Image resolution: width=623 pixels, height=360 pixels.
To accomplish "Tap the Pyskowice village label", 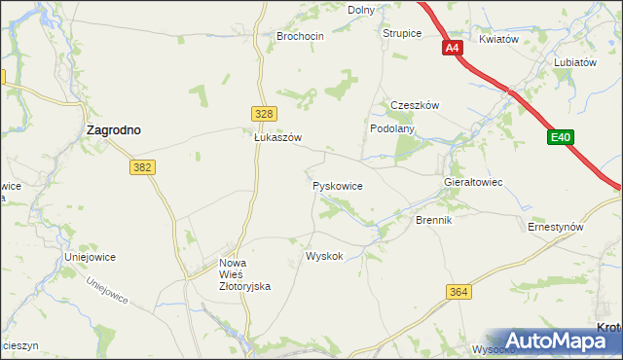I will tap(338, 184).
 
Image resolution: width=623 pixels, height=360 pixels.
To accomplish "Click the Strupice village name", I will tap(401, 33).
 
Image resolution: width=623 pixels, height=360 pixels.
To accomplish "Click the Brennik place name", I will tap(434, 221).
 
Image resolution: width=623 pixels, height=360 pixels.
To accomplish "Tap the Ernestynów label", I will tap(555, 227).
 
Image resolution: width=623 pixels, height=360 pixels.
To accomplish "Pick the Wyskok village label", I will tap(324, 256).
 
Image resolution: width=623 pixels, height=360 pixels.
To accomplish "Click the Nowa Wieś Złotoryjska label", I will tap(244, 274).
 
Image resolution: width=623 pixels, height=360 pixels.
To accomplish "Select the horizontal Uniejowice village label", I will tap(91, 257).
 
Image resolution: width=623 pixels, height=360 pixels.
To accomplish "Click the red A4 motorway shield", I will tap(452, 48).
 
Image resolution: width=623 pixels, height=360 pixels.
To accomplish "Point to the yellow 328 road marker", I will tap(262, 114).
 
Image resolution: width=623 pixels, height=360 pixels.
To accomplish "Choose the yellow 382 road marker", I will tap(142, 167).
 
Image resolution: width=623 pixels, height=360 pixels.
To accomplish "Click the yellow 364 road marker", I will tap(460, 292).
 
